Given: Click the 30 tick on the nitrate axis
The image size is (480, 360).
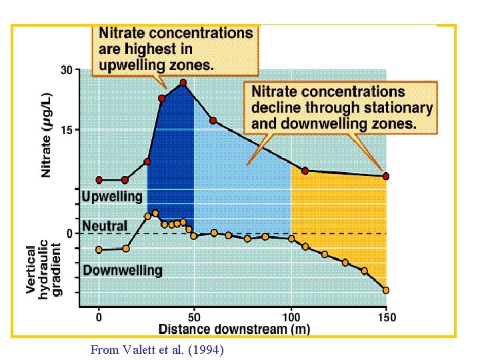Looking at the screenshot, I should click(x=67, y=69).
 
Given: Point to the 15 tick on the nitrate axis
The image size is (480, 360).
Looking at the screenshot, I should click(x=67, y=130).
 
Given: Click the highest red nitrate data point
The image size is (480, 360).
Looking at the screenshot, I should click(x=183, y=83).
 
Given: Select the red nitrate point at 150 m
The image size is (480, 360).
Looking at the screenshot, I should click(x=385, y=176).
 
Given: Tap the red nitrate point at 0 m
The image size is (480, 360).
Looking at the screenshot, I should click(x=99, y=180).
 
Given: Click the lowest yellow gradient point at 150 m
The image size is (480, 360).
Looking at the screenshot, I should click(x=385, y=290).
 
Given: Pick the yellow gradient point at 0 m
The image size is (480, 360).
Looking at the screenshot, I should click(x=99, y=250).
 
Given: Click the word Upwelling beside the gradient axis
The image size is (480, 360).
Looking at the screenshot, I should click(x=112, y=197).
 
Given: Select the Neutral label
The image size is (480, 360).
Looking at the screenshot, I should click(x=105, y=226).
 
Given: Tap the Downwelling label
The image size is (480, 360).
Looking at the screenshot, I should click(x=122, y=270).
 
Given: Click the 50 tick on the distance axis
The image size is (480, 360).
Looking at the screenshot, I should click(x=194, y=317).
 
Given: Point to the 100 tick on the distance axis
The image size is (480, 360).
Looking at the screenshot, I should click(x=291, y=317).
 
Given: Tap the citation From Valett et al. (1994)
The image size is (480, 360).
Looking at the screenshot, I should click(x=157, y=349).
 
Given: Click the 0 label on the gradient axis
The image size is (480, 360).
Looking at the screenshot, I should click(x=69, y=233).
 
